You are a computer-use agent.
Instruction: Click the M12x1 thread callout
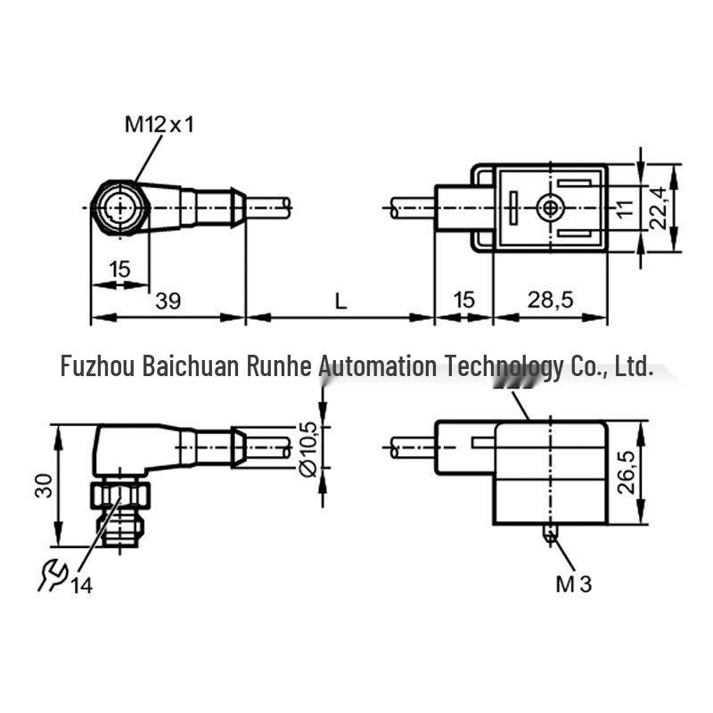160,124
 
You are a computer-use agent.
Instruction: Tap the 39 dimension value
168,300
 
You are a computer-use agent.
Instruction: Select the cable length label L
340,300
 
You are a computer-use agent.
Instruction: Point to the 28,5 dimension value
550,299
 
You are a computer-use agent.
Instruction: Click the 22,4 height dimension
659,208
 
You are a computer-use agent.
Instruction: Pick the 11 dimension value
626,209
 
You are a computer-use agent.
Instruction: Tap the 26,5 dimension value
627,472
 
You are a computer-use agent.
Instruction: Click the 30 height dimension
44,486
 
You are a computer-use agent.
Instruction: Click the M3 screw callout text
573,584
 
